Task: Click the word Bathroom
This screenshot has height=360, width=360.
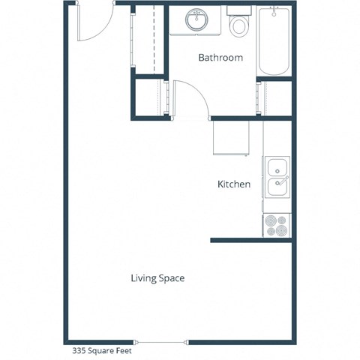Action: point(220,57)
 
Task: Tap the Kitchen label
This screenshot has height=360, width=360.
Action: point(234,184)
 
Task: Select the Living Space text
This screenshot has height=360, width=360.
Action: point(157,278)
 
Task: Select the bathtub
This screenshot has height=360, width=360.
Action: point(274,41)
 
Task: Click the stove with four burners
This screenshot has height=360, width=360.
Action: point(277,226)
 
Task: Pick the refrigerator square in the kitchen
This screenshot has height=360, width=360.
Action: point(230,137)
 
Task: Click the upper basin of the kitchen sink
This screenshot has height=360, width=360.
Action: point(276,167)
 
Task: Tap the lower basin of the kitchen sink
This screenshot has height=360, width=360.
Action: point(276,185)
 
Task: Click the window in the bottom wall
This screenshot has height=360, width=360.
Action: point(162,342)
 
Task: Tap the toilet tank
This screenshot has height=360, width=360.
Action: point(239,11)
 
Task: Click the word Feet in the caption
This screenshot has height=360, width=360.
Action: point(119,349)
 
